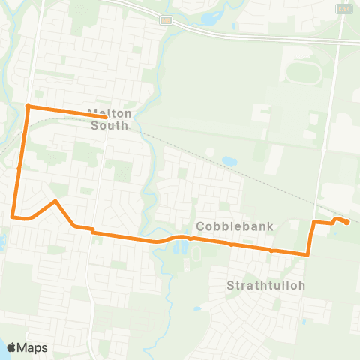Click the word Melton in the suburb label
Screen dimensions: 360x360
click(x=109, y=113)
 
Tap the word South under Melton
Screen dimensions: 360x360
click(x=109, y=126)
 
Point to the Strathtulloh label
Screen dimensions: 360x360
click(x=257, y=285)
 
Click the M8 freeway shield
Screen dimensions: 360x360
click(x=166, y=19)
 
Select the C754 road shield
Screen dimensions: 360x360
click(x=344, y=8)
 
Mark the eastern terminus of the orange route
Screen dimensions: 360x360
click(x=347, y=222)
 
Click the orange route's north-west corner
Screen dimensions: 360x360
click(x=28, y=106)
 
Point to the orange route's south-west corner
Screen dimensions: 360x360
click(x=13, y=217)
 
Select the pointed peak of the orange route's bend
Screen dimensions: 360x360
click(x=55, y=201)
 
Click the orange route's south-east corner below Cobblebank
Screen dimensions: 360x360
click(x=308, y=255)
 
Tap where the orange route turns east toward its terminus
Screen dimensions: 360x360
click(x=313, y=222)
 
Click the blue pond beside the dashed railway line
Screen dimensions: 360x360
click(x=228, y=160)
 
